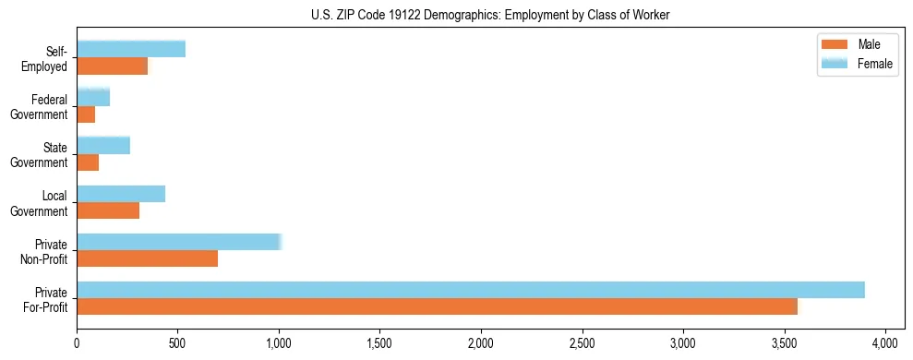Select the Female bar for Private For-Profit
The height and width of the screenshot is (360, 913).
pos(471,290)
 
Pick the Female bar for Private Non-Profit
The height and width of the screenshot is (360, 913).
pos(178,242)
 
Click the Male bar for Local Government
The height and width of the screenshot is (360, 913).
pos(108,210)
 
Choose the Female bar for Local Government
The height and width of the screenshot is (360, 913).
pos(121,194)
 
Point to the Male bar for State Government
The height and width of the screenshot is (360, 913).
pos(88,162)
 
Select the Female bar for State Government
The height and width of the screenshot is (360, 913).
pos(103,146)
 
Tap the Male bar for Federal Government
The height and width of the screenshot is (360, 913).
pos(86,114)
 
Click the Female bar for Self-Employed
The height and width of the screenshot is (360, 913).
pos(131,49)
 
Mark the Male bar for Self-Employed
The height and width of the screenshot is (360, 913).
pos(112,66)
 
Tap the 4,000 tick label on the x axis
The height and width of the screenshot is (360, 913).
pos(885,343)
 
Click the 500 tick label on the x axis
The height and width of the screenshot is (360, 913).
pos(178,343)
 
